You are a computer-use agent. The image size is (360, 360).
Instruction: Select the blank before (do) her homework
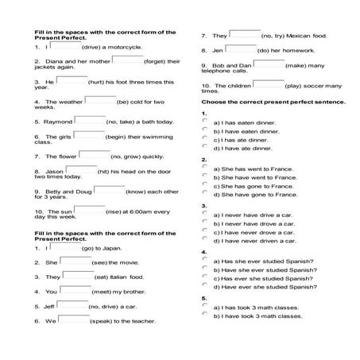(240, 48)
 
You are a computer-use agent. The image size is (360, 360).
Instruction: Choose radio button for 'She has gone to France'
(205, 184)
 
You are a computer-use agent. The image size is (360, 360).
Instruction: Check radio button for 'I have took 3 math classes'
(205, 314)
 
